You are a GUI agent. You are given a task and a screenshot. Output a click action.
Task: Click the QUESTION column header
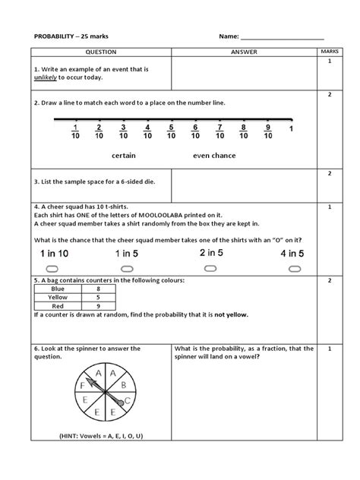100,52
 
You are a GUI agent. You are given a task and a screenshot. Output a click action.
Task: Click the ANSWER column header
244,52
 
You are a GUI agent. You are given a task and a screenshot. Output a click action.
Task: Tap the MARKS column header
330,52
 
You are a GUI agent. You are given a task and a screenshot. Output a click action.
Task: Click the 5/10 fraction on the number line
172,131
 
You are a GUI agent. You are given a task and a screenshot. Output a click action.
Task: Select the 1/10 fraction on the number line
75,131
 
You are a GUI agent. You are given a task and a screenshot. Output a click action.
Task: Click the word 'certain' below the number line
124,155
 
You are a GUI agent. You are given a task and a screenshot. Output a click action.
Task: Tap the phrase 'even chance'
214,155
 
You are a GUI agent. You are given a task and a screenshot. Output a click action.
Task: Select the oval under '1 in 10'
52,269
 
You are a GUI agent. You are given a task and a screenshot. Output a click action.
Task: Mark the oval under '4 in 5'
292,269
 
